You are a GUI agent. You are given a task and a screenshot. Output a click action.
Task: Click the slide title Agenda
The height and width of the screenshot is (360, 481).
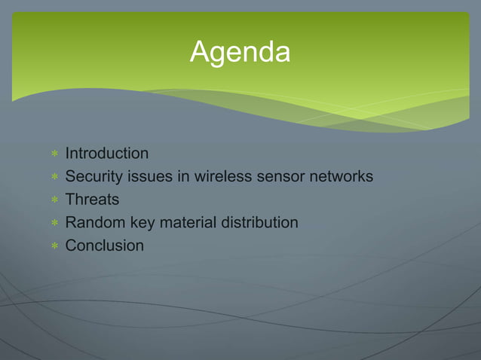click(240, 53)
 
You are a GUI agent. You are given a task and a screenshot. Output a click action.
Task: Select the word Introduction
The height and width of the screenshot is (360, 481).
click(107, 154)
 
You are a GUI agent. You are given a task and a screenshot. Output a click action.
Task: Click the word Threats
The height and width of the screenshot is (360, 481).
click(92, 200)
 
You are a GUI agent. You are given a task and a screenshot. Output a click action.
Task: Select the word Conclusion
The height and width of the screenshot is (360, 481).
click(104, 246)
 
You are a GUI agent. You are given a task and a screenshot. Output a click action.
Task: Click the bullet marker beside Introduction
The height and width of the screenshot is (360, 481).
click(54, 154)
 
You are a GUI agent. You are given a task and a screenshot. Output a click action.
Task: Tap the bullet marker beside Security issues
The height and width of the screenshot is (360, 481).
click(54, 178)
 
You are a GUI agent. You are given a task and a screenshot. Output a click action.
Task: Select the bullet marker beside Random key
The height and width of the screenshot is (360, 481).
click(54, 224)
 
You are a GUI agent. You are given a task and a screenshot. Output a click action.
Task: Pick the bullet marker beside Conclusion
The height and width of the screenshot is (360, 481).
click(54, 246)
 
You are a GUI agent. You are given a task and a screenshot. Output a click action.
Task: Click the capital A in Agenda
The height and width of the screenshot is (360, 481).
click(200, 52)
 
